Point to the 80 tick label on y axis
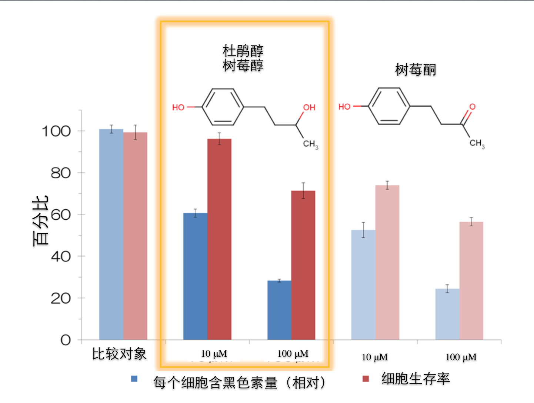60,173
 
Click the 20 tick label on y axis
60,298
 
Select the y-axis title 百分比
40,221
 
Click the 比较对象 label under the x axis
119,354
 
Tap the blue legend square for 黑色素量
134,379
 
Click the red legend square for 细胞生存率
366,379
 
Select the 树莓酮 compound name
415,70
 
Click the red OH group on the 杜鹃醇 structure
309,107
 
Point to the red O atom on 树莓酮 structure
472,107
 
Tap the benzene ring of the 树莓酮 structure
389,106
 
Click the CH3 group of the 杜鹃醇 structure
310,144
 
